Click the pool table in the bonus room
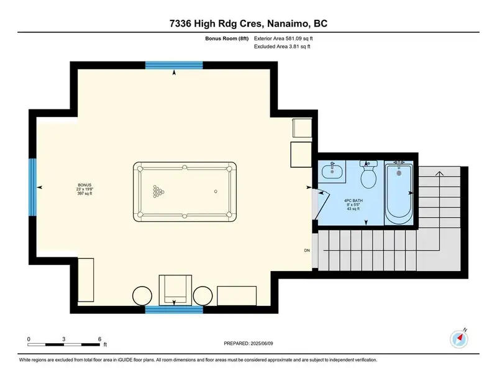click(x=185, y=192)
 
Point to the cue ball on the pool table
click(x=216, y=191)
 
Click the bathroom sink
click(x=332, y=172)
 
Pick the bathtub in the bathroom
click(x=399, y=194)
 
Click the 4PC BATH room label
click(x=353, y=200)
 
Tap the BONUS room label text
click(x=84, y=185)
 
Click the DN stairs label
click(x=307, y=251)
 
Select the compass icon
click(x=459, y=339)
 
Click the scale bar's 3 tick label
click(x=64, y=339)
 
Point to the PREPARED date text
click(x=248, y=343)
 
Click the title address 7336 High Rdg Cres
click(x=216, y=24)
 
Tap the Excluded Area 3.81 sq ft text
click(x=282, y=46)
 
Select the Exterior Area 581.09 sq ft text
click(x=283, y=39)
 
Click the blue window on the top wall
click(x=174, y=65)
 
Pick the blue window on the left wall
click(x=33, y=187)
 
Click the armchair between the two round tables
click(x=175, y=290)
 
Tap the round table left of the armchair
click(x=142, y=296)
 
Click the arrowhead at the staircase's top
click(x=439, y=173)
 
